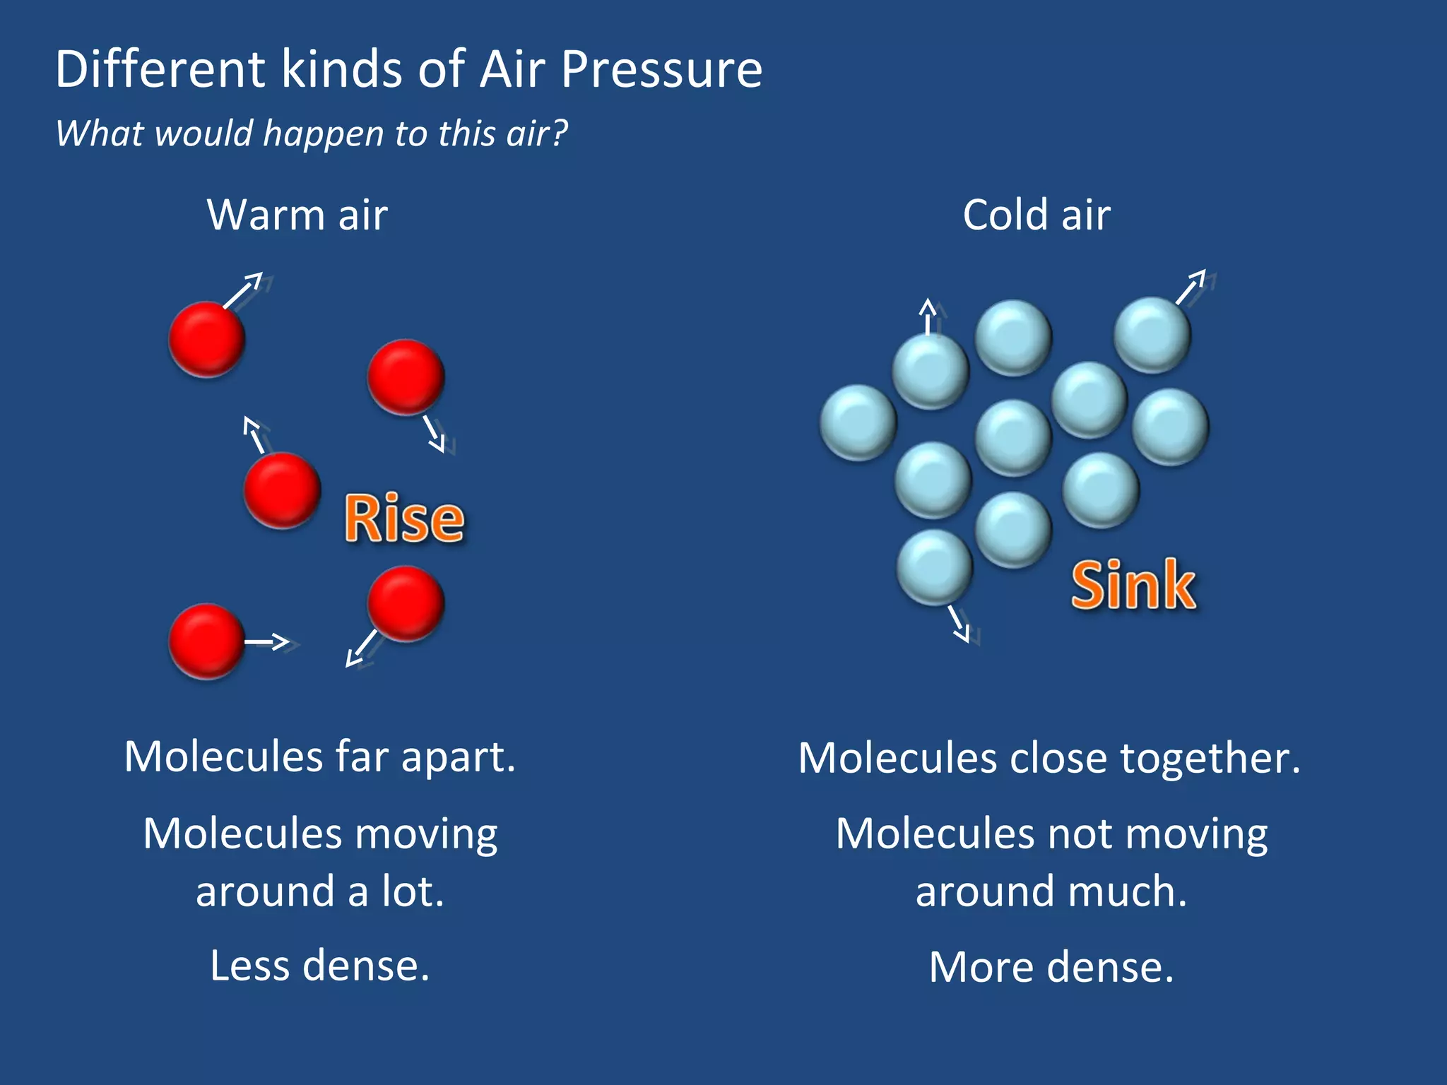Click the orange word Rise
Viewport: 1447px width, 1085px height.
click(404, 519)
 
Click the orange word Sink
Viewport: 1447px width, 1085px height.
click(1133, 585)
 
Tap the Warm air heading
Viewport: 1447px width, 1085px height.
click(297, 215)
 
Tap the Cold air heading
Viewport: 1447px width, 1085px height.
click(1036, 215)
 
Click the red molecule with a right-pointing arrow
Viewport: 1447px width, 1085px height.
click(206, 641)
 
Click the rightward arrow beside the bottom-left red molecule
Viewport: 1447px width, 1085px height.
click(268, 641)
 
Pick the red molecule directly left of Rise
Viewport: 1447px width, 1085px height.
click(282, 490)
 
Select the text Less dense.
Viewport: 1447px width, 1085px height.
click(319, 965)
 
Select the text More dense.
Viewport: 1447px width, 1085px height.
click(1051, 966)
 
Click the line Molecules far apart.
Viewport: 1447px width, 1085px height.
click(319, 757)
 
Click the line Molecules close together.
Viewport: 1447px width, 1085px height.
click(1049, 758)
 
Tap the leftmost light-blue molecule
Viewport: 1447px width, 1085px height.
click(858, 422)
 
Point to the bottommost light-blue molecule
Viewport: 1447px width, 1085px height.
click(934, 567)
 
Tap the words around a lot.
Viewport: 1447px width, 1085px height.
click(319, 891)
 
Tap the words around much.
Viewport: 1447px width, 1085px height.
click(1051, 891)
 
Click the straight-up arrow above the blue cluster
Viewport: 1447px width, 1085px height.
click(928, 316)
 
